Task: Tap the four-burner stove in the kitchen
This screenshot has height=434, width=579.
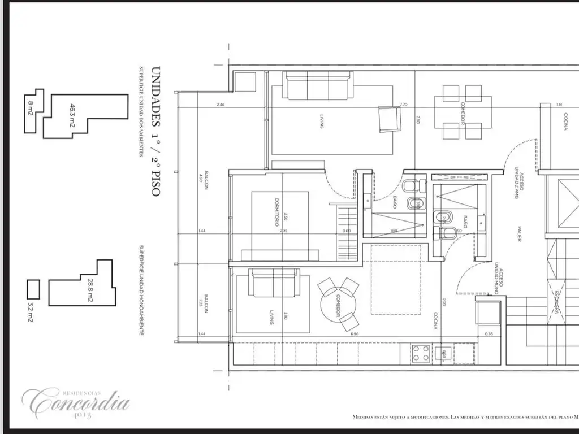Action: pos(421,354)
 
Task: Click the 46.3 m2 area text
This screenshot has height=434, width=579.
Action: pos(72,115)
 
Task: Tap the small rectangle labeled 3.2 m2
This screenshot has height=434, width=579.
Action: pos(34,289)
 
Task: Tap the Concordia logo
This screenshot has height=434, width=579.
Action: pos(76,402)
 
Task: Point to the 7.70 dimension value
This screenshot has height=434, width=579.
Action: pos(403,105)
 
